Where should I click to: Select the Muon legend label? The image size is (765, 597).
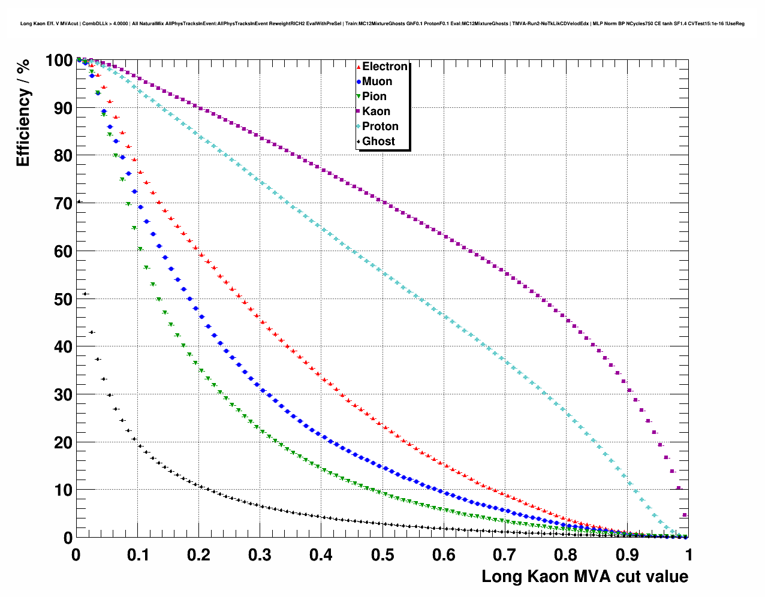(x=377, y=82)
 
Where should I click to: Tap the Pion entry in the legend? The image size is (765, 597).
(x=374, y=97)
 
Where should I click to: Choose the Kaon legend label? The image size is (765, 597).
(x=376, y=111)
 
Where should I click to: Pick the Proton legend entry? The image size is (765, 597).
(x=380, y=126)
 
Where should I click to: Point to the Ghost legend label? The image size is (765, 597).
(x=378, y=141)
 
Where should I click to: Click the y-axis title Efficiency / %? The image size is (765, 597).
(x=23, y=113)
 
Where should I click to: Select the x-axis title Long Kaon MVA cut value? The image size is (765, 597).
(x=585, y=577)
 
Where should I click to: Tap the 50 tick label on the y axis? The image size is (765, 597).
(x=59, y=299)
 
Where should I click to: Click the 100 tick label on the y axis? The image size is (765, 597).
(x=59, y=61)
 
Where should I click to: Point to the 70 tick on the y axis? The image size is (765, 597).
(x=59, y=203)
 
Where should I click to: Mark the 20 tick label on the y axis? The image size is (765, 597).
(x=59, y=442)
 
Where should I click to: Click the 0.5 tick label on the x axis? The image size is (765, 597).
(x=382, y=554)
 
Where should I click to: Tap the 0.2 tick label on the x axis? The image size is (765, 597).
(x=198, y=554)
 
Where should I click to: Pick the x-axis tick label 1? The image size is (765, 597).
(x=688, y=554)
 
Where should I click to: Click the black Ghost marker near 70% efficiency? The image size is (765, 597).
(x=79, y=202)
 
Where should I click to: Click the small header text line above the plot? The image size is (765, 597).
(x=382, y=23)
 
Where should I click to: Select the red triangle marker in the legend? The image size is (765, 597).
(x=359, y=67)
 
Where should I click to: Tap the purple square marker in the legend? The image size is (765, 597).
(x=359, y=111)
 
